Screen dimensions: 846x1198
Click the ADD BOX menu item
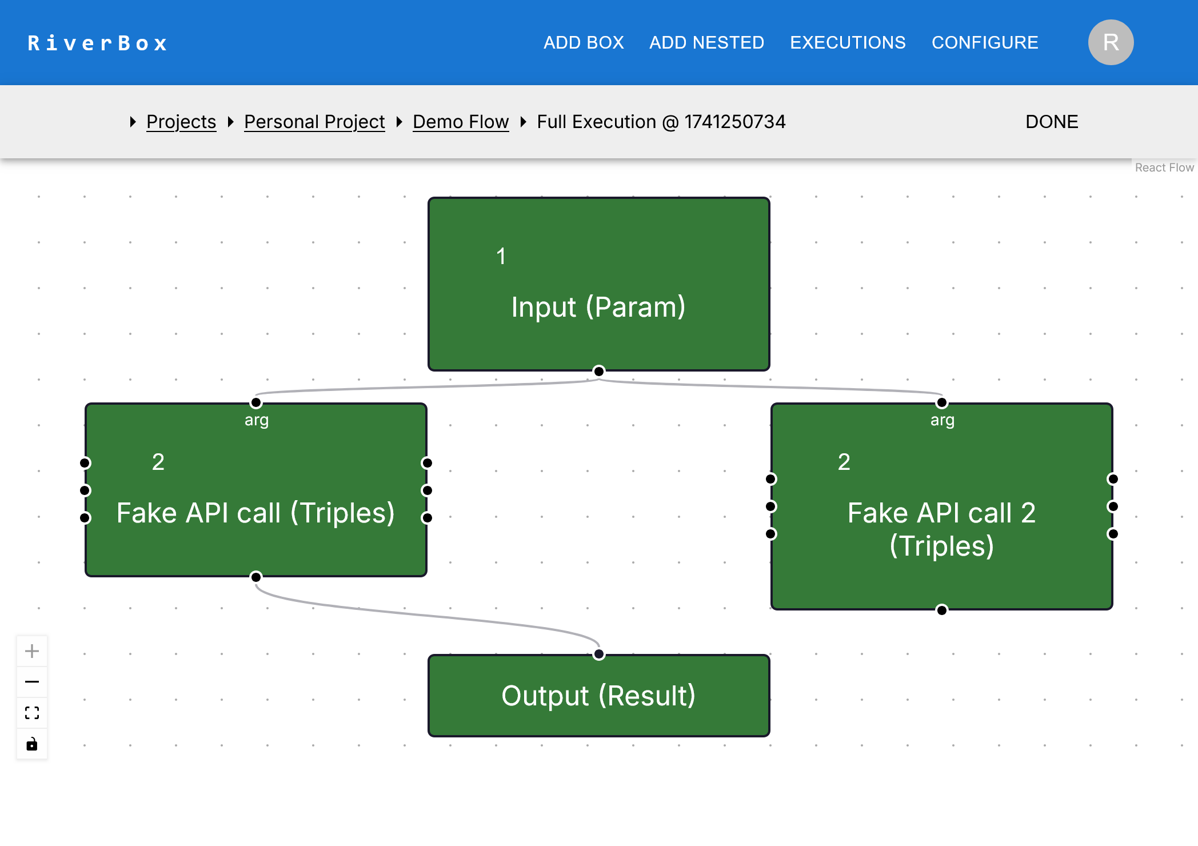click(583, 42)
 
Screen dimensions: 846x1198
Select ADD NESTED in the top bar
click(706, 42)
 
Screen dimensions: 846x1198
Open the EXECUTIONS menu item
click(848, 42)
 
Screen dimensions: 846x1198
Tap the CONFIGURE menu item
click(985, 42)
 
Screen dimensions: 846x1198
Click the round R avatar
click(1111, 42)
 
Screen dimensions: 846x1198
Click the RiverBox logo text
click(98, 43)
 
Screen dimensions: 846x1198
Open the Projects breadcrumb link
click(181, 122)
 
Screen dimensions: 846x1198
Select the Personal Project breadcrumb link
click(314, 122)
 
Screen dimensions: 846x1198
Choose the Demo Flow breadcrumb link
click(461, 122)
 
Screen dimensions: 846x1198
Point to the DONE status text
click(1052, 122)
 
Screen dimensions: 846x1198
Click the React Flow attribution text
click(1164, 167)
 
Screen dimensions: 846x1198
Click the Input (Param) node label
click(598, 307)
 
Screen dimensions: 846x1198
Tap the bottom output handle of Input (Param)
click(598, 372)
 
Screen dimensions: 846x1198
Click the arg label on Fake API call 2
click(942, 420)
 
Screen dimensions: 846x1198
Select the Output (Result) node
click(598, 696)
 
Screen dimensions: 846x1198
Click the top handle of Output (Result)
click(598, 654)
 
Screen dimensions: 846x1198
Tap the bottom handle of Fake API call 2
click(942, 610)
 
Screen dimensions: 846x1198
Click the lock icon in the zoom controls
click(32, 744)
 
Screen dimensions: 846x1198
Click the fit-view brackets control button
click(32, 713)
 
